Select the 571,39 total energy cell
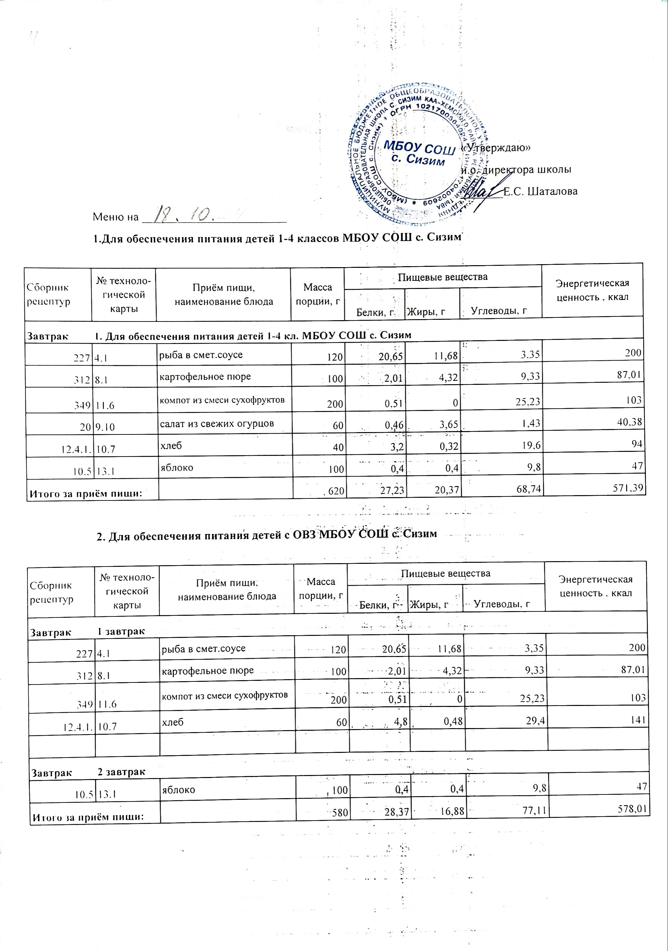coord(628,488)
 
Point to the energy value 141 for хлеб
coord(638,720)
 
